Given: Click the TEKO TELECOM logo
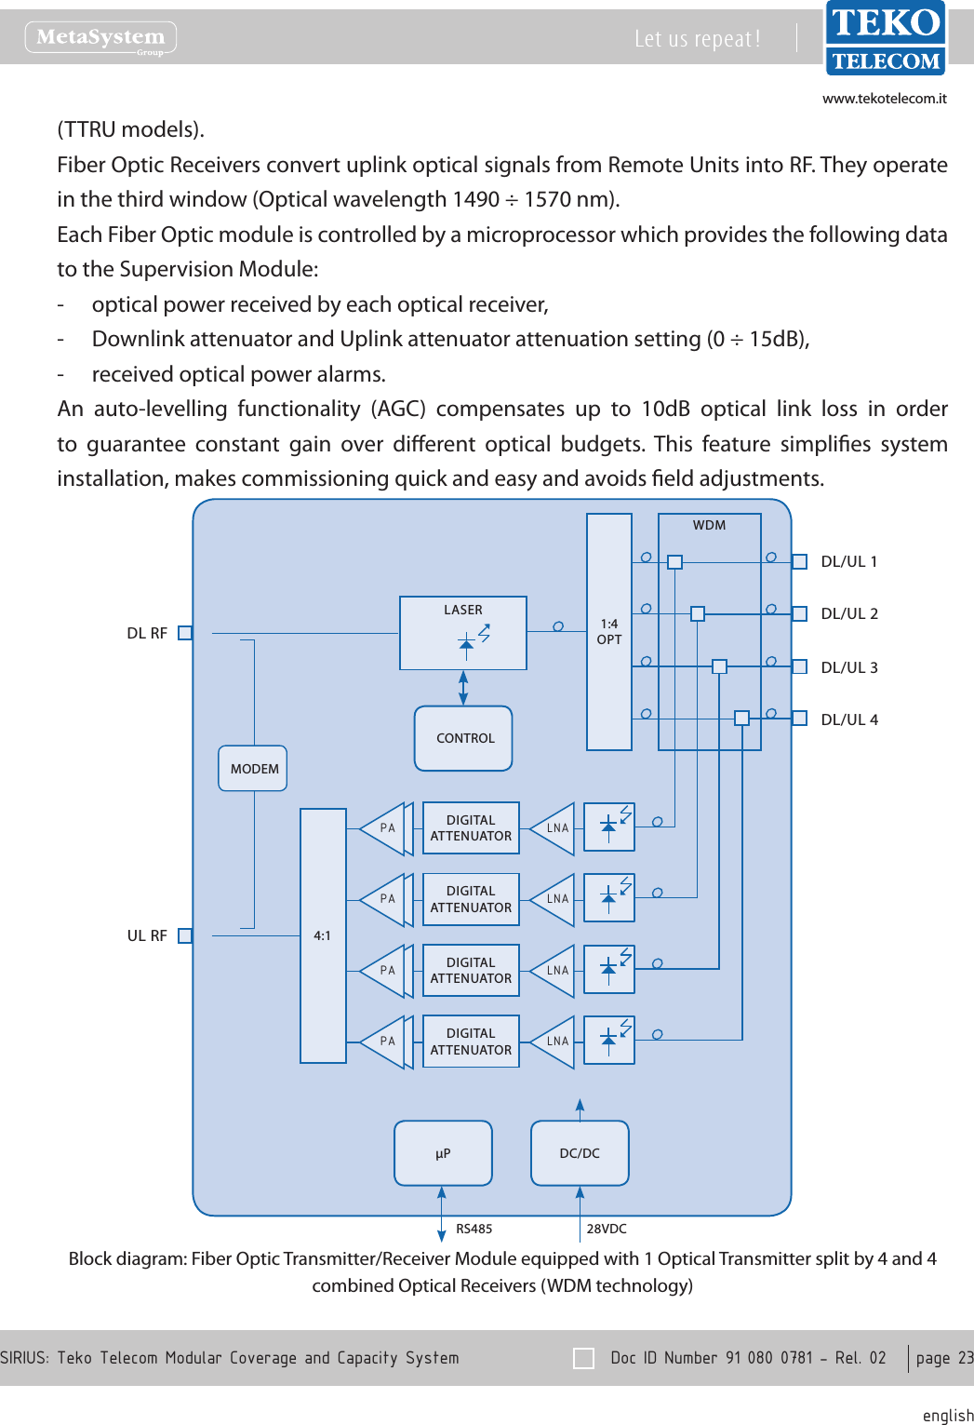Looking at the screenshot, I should point(885,38).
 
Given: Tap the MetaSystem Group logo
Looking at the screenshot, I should point(100,38).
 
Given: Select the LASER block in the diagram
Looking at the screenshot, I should point(463,633).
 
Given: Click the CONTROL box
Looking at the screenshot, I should point(463,738).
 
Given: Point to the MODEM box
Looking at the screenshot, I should point(253,769).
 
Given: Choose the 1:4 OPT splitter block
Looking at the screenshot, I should point(609,632).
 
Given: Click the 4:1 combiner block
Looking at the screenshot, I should point(323,935).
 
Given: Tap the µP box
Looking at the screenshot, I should point(443,1153).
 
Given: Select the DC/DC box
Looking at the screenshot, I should point(580,1153).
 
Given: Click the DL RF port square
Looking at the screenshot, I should point(185,633).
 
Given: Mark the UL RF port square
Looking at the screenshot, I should point(185,935).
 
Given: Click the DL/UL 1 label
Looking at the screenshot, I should point(848,561).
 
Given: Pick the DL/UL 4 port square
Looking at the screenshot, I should point(799,718).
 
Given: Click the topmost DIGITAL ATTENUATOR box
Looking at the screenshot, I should point(471,828).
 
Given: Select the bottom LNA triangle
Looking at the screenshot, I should point(555,1042).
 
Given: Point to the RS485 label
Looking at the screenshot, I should point(474,1229).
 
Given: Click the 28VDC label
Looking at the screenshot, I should point(607,1229).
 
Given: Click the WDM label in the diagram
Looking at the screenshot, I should point(709,525).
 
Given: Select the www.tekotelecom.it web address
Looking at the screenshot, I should point(884,99).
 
